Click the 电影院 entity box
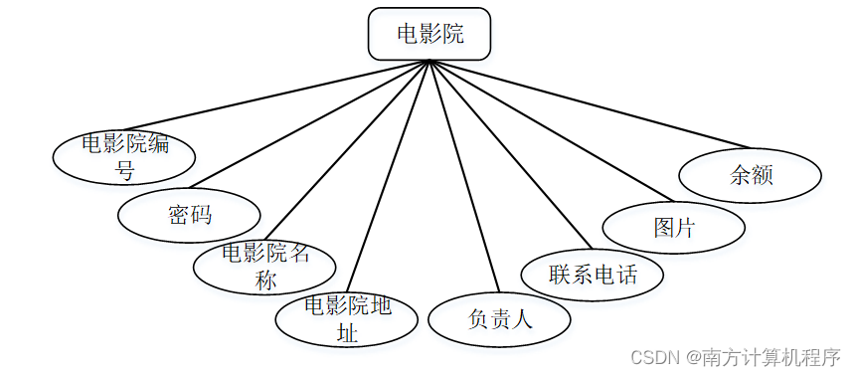pos(429,34)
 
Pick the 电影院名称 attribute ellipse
pos(264,267)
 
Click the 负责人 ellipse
pos(499,319)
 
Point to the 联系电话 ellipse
pos(593,273)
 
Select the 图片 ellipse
pos(673,227)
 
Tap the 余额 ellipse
pos(751,175)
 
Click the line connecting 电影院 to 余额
pos(597,104)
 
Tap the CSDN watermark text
pos(652,356)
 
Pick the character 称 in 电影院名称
pos(264,281)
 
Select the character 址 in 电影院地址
pos(347,333)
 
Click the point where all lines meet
pos(429,61)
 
